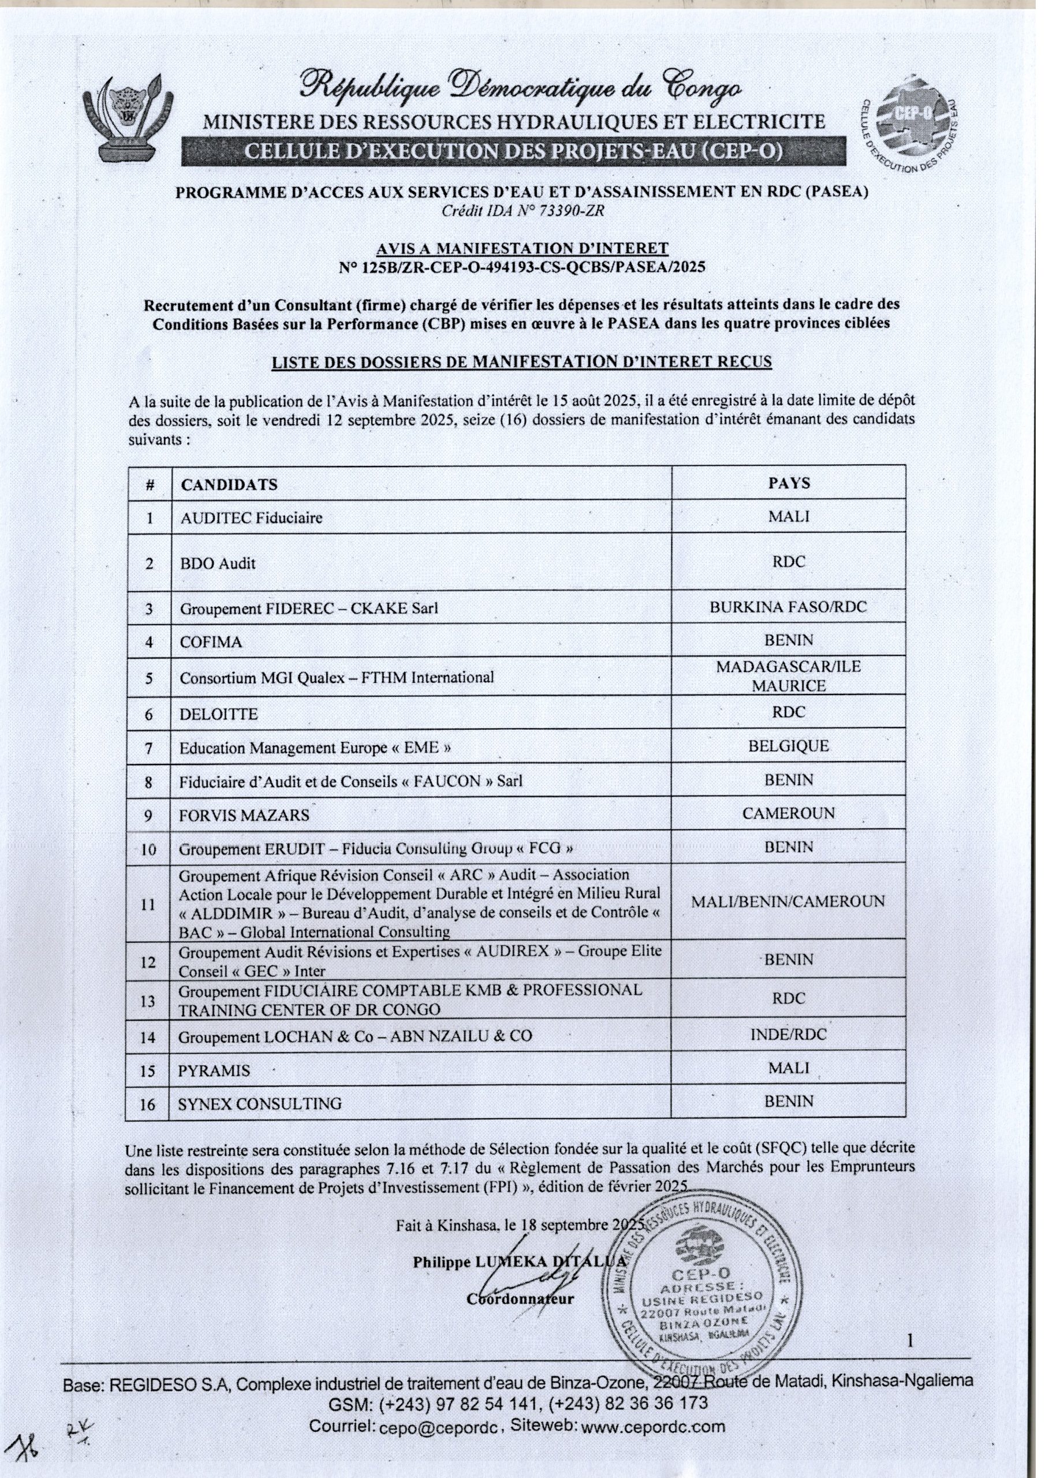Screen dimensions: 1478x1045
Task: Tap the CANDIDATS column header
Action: click(x=229, y=485)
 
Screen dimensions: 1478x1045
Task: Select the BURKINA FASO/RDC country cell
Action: click(x=788, y=606)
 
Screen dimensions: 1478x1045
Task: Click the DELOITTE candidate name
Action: click(x=218, y=714)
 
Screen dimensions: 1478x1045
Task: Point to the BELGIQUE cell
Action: click(x=788, y=746)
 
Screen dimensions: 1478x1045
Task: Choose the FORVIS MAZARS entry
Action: click(x=244, y=816)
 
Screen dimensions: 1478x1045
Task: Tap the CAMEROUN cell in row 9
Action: click(x=788, y=813)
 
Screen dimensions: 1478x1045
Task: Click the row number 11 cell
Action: click(x=148, y=904)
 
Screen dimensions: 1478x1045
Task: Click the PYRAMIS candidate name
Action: click(x=214, y=1070)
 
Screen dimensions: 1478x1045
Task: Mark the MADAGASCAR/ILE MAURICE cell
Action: click(x=788, y=676)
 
